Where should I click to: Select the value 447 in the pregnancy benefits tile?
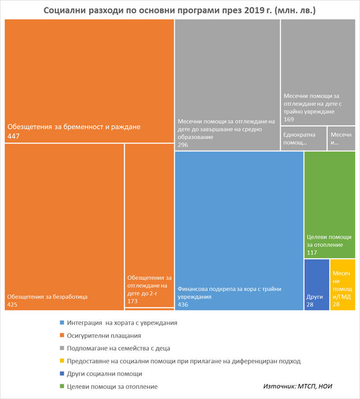pyautogui.click(x=13, y=137)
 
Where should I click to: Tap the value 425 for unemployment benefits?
pyautogui.click(x=13, y=304)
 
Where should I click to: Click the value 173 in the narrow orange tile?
pyautogui.click(x=133, y=301)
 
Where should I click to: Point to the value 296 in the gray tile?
pyautogui.click(x=184, y=145)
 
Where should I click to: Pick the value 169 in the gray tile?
pyautogui.click(x=290, y=120)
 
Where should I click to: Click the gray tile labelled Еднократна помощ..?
pyautogui.click(x=303, y=139)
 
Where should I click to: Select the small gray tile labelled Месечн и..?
pyautogui.click(x=341, y=139)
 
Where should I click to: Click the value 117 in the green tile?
pyautogui.click(x=313, y=252)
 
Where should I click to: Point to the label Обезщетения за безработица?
pyautogui.click(x=47, y=296)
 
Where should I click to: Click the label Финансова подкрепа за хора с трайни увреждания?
pyautogui.click(x=229, y=293)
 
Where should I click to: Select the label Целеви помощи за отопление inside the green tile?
pyautogui.click(x=329, y=240)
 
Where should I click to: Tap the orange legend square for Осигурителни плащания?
pyautogui.click(x=62, y=336)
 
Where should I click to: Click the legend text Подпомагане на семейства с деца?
pyautogui.click(x=119, y=349)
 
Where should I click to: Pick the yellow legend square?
pyautogui.click(x=62, y=361)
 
